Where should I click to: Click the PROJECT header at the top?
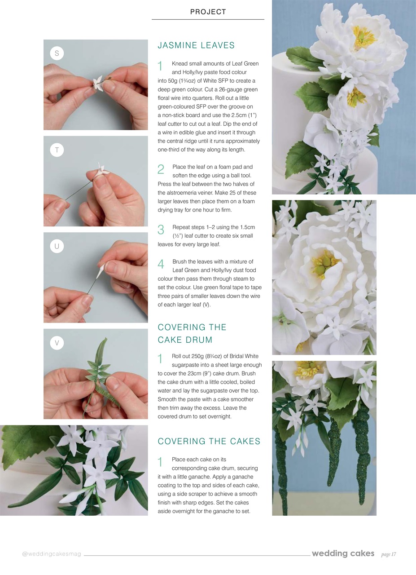208,12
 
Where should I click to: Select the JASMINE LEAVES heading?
196,45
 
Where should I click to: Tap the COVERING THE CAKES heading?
209,441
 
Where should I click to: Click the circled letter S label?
57,53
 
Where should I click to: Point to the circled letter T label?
57,150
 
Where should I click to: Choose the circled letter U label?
57,246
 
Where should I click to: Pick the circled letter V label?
57,343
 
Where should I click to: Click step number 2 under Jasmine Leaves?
161,169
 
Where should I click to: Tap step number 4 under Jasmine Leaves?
161,264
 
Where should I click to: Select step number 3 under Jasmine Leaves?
161,230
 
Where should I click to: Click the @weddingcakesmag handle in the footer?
52,554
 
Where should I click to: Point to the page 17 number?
388,554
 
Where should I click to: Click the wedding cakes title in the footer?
343,553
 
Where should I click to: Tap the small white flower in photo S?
98,84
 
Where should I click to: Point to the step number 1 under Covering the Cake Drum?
160,359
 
